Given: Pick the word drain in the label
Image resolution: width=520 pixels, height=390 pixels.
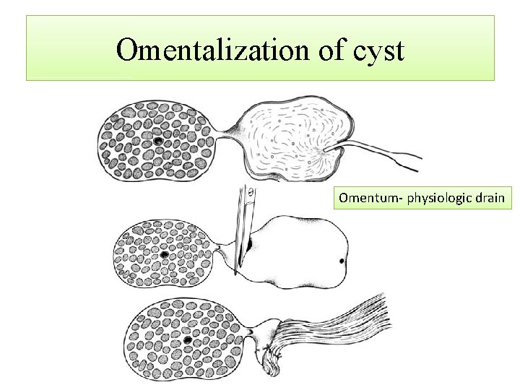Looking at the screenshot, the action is click(x=488, y=197).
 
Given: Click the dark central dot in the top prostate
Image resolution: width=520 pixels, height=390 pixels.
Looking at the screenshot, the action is click(x=157, y=140).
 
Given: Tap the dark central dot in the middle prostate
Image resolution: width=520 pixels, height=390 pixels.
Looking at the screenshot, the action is click(x=165, y=255).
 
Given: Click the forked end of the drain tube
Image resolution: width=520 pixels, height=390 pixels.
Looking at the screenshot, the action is click(x=412, y=162).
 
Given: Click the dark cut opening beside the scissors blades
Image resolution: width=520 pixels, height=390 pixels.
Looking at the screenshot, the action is click(x=248, y=246).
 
